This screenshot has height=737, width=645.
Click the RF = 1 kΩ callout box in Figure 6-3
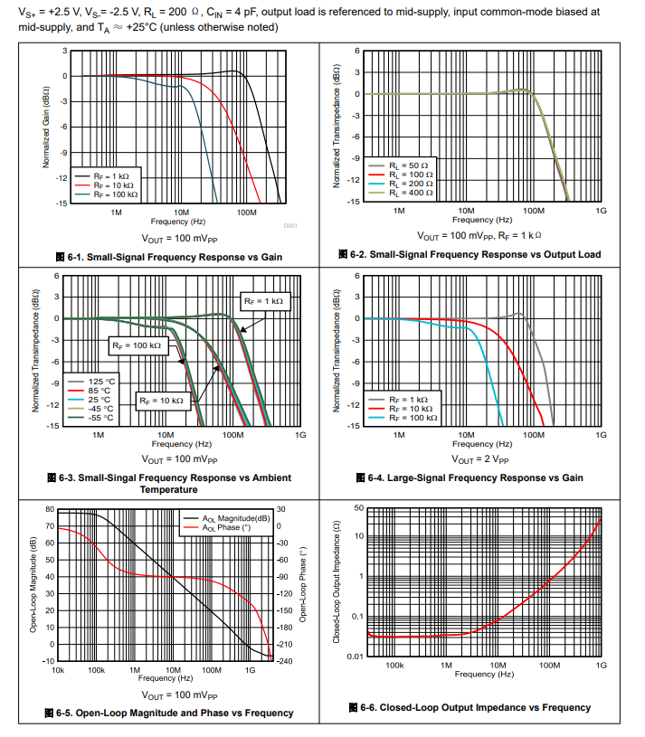tap(263, 300)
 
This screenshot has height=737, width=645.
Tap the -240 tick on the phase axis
tap(284, 661)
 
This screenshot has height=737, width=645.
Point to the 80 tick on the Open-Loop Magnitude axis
tap(50, 509)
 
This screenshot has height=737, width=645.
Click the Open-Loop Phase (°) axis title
tap(303, 584)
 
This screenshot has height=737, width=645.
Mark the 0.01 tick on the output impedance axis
tap(354, 656)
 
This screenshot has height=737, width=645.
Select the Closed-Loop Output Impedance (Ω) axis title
tap(336, 582)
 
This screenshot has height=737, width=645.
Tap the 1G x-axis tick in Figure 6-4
tap(601, 435)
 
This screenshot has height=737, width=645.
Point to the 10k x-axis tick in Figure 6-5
tap(58, 670)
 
